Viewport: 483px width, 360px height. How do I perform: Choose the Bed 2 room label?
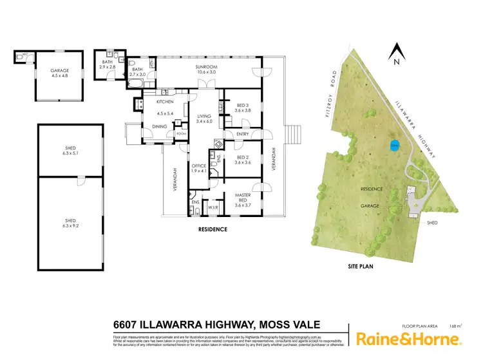pos(241,160)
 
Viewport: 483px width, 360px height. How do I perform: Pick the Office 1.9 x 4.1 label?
pos(198,169)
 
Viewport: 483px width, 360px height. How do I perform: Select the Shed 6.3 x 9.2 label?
pos(70,222)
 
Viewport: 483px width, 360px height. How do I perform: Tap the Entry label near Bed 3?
pos(242,134)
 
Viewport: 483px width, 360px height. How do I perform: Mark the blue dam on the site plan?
pos(395,146)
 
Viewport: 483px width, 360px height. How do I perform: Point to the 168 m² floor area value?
pos(455,326)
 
